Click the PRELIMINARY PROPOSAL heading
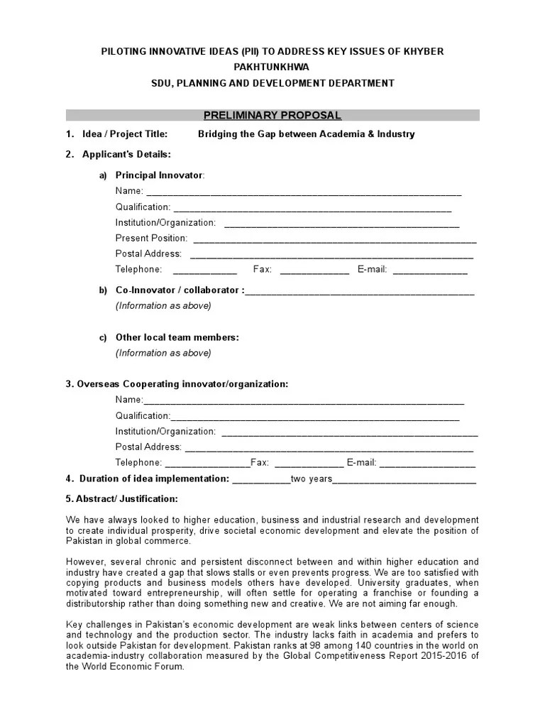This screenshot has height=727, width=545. (272, 115)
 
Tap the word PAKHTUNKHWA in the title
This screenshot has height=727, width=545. (272, 67)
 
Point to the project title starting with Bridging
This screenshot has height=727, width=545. (306, 133)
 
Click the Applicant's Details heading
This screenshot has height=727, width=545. (126, 154)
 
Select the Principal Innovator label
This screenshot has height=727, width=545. (160, 175)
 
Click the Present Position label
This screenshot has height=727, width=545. (151, 238)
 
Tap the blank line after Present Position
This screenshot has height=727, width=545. (334, 239)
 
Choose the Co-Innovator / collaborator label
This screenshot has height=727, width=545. (180, 290)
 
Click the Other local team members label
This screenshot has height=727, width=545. (177, 337)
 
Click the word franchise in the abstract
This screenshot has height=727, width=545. (398, 594)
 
